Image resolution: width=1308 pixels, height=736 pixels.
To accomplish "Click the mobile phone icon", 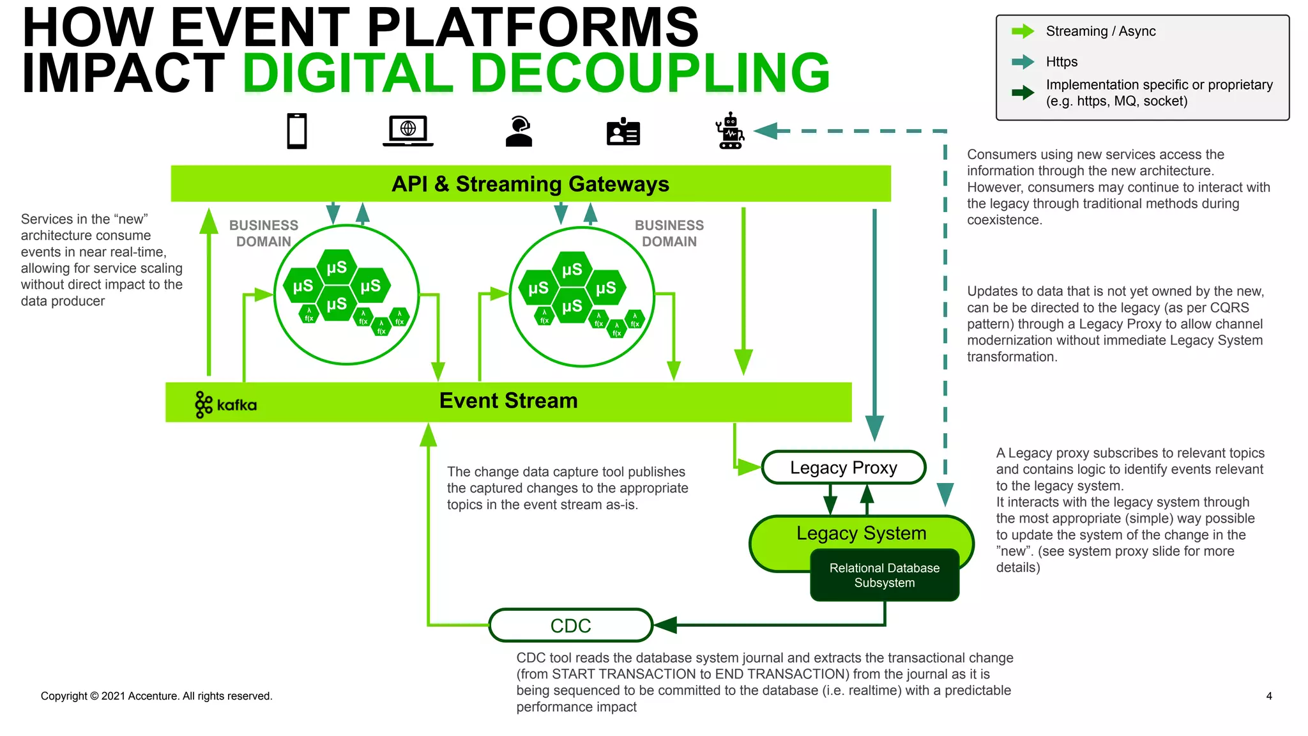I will (297, 131).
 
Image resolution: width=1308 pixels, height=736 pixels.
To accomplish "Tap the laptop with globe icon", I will (407, 131).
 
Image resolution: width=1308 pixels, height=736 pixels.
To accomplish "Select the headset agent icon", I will (519, 132).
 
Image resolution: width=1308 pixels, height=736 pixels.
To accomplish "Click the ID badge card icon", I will (623, 132).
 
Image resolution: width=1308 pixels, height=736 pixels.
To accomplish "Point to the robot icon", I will (730, 132).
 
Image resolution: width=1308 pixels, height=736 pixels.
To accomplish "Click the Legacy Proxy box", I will (844, 468).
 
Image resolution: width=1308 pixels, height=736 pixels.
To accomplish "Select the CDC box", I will (570, 625).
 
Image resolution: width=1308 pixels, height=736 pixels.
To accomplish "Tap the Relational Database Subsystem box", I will (885, 576).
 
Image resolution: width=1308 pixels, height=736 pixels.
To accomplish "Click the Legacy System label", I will (861, 533).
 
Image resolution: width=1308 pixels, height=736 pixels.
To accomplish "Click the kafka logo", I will (225, 404).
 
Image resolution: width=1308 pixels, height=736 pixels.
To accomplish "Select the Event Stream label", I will (508, 401).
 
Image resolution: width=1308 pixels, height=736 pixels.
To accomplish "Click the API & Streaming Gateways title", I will (530, 184).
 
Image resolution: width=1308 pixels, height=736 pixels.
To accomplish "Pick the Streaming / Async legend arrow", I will (1023, 31).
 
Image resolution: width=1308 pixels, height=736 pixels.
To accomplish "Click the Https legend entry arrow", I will (1023, 62).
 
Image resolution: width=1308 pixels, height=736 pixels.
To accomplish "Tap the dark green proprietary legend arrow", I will (1023, 93).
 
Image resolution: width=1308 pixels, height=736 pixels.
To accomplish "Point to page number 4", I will (1268, 696).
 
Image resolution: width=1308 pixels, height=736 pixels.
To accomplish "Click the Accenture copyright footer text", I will (156, 696).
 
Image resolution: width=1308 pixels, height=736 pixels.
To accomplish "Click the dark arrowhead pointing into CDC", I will (666, 625).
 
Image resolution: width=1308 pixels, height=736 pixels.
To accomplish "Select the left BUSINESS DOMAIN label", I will (264, 233).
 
